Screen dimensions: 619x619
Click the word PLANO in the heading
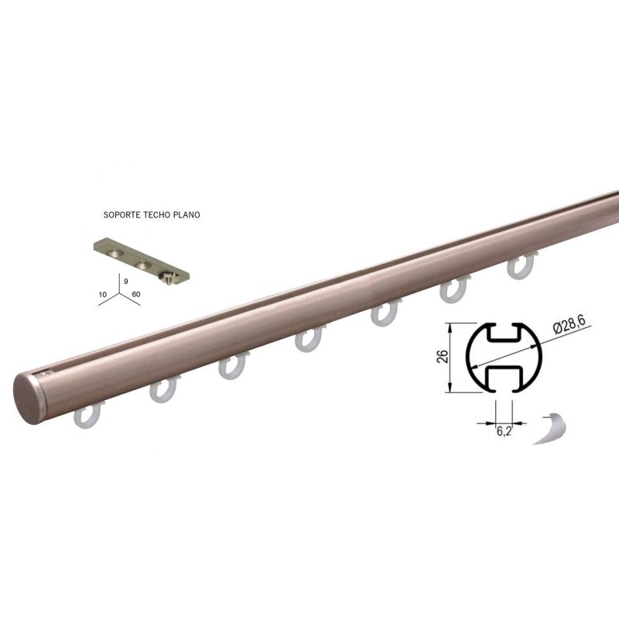tap(187, 215)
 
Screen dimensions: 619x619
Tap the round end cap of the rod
tap(29, 398)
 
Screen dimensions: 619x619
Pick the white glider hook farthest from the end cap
tap(521, 266)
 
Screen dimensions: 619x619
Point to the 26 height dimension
tap(443, 357)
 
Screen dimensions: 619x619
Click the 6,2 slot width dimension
tap(504, 431)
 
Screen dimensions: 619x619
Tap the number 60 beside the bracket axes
tap(136, 295)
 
